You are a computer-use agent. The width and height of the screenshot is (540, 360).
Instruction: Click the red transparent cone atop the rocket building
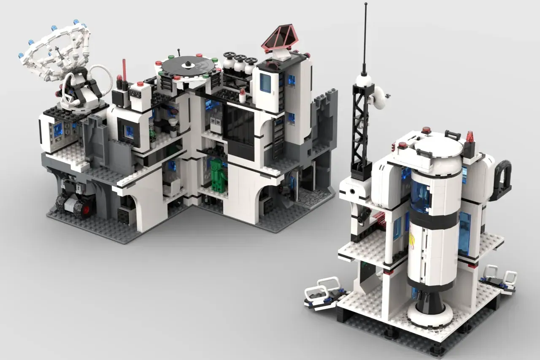tap(470, 137)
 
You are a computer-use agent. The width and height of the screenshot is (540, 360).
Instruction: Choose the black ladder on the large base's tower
tap(278, 137)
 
